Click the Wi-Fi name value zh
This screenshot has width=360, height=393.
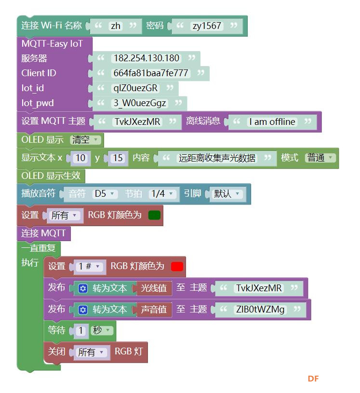116,26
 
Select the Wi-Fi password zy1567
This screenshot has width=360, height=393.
207,26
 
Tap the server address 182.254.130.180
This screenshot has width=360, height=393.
147,58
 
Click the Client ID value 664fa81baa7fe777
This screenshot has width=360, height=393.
150,73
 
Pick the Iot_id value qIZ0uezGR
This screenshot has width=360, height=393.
135,88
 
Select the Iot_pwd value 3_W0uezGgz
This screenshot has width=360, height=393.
140,103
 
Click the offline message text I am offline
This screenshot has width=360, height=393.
272,122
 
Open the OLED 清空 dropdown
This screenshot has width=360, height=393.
85,140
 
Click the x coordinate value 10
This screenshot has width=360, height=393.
80,158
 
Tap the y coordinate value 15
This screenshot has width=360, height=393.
118,158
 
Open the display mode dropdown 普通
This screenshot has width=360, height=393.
320,158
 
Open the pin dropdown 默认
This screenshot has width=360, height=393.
226,194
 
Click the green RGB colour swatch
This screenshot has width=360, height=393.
154,215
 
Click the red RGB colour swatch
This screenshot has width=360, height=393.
177,267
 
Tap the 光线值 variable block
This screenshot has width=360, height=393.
154,288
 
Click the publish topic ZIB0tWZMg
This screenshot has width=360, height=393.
260,310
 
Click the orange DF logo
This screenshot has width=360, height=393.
313,379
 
